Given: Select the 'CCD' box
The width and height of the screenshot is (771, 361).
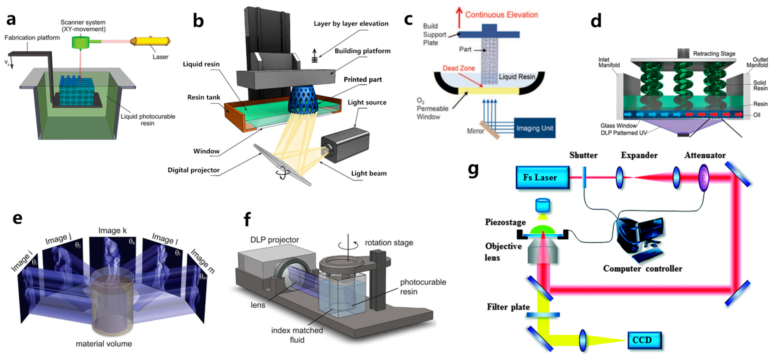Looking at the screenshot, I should coord(644,340).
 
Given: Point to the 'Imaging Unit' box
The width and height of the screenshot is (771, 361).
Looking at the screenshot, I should coord(535,128).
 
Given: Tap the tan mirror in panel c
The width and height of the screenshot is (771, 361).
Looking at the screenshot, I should coord(489,130).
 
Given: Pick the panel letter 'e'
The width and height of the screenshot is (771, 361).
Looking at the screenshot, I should coord(17,219).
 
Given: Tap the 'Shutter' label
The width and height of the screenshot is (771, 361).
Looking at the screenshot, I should coord(583,155).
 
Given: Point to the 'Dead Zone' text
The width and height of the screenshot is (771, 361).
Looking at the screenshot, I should coord(458,68).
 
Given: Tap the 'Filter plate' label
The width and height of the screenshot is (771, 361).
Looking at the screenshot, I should coord(508,307).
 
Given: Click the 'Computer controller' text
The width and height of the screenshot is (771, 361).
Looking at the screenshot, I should coord(643,268).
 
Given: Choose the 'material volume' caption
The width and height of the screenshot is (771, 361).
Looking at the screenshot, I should coord(104,344).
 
